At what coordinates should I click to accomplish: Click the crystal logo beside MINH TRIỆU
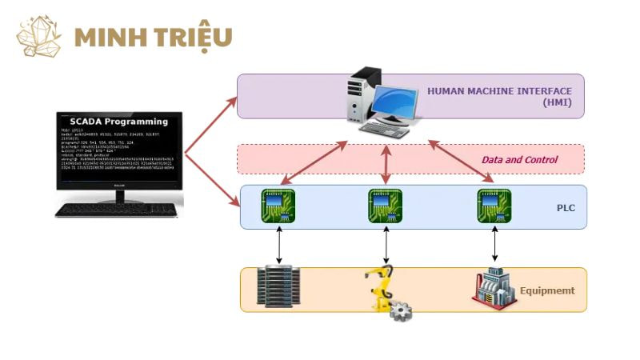pos(38,36)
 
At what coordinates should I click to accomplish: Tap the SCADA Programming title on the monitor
pos(118,122)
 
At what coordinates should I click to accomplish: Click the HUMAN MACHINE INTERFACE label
pos(499,91)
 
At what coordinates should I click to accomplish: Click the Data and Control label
pos(519,160)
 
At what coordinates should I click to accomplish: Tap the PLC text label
pos(566,209)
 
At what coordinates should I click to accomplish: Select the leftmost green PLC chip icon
pos(277,206)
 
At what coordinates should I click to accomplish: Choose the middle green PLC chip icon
pos(385,206)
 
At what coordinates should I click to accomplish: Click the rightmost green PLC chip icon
pos(494,206)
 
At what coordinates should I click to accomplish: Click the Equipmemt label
pos(547,291)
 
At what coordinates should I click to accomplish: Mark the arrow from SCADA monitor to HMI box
pos(211,123)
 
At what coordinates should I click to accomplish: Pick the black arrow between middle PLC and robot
pos(386,244)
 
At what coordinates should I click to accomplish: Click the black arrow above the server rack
pos(278,244)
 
